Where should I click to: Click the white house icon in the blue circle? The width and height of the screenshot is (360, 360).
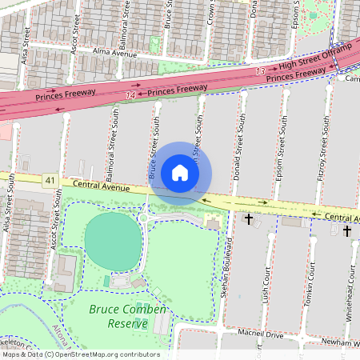coord(180,173)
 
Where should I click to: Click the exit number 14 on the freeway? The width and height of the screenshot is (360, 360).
coord(130,94)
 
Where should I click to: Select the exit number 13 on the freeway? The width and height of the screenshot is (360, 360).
coord(260,72)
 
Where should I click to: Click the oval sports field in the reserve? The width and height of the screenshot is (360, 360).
coord(111,238)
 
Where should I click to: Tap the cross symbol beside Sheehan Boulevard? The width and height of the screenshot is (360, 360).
coord(249,218)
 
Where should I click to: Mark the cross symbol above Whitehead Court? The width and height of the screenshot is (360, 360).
coord(347,230)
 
